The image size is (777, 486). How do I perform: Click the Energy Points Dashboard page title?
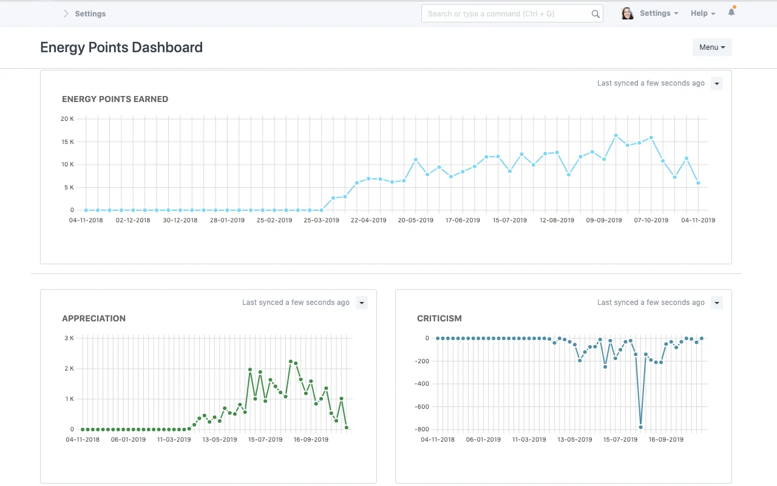(x=121, y=47)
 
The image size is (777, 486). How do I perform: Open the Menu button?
(x=712, y=47)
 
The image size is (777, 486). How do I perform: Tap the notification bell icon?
(x=731, y=12)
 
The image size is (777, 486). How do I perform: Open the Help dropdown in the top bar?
(x=702, y=13)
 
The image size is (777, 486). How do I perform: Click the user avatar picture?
(x=627, y=13)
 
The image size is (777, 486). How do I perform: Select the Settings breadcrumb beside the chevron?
(x=90, y=13)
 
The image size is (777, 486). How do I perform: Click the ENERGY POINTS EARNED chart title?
(x=115, y=99)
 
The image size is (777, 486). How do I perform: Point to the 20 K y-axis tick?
(x=67, y=118)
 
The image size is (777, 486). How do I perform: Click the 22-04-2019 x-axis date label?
(x=368, y=220)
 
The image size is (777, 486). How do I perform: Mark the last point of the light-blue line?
(x=698, y=183)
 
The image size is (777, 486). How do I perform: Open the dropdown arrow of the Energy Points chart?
(x=717, y=83)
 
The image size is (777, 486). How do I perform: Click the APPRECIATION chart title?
(x=93, y=318)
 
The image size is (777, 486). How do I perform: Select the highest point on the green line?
(x=291, y=361)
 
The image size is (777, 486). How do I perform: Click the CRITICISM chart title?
(x=439, y=318)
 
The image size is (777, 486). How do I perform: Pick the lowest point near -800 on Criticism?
(x=640, y=427)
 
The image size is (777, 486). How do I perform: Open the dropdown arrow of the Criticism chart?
(x=717, y=303)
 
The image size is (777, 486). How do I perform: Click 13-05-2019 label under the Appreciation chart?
(x=220, y=439)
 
